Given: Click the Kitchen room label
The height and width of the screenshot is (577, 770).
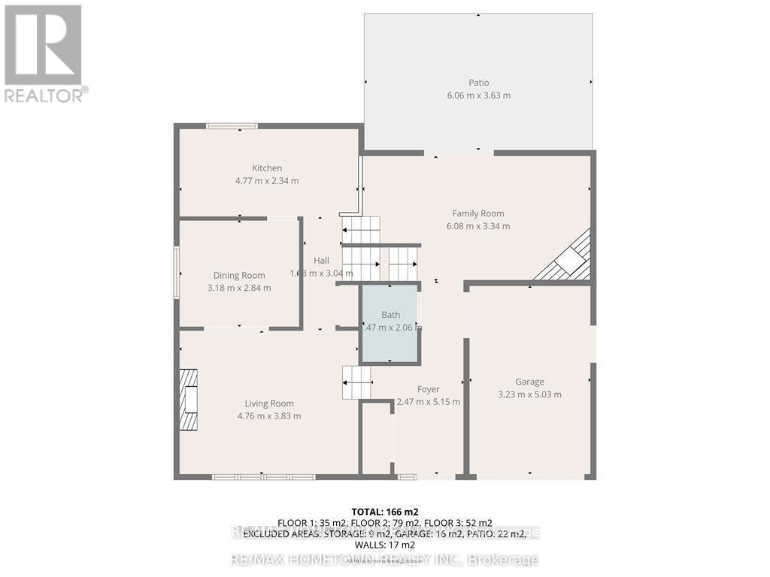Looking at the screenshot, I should point(267,168).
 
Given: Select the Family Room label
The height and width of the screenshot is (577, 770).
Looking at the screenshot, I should point(477,213).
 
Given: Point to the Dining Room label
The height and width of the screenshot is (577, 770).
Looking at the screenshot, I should point(239,276).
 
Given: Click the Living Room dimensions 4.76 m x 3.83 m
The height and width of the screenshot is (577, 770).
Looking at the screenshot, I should point(269,416).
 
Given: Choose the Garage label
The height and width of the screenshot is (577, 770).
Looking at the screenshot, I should point(529,382).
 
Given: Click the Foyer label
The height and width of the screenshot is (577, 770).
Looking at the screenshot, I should point(428,389).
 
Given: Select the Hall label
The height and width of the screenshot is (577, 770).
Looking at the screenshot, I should point(321,261).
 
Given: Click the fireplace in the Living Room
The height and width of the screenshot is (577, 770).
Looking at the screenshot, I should point(188,399).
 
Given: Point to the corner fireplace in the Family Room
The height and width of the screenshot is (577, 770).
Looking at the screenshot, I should point(569,260).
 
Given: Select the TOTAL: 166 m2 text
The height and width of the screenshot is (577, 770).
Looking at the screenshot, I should point(384,512).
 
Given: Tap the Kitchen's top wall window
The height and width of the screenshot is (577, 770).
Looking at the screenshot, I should point(232,125).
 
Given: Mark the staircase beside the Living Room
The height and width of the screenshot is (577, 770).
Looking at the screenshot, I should point(356,382).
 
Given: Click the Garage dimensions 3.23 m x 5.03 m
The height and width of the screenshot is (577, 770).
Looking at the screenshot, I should point(529,394).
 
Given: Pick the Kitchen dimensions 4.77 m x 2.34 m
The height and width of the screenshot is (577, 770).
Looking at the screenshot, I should point(267,181).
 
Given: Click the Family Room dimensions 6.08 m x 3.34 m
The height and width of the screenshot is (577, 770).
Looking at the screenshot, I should point(477,226).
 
